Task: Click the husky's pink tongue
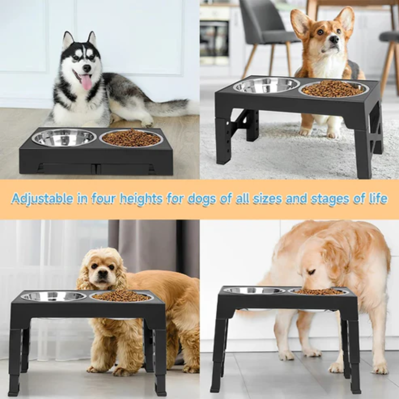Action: click(x=86, y=82)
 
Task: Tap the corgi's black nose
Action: click(x=334, y=39)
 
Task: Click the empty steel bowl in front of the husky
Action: click(x=64, y=137)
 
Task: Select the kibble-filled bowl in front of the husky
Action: click(x=131, y=138)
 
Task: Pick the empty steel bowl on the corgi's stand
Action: click(x=266, y=85)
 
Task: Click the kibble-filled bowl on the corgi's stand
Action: click(x=333, y=89)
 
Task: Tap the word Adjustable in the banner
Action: click(x=42, y=198)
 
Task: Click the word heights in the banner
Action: click(x=141, y=198)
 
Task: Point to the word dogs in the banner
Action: click(x=202, y=198)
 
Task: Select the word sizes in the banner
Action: click(x=267, y=198)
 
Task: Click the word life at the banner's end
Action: click(x=377, y=198)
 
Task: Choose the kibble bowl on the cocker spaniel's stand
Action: click(x=122, y=296)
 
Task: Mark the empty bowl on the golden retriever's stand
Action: click(x=254, y=291)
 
